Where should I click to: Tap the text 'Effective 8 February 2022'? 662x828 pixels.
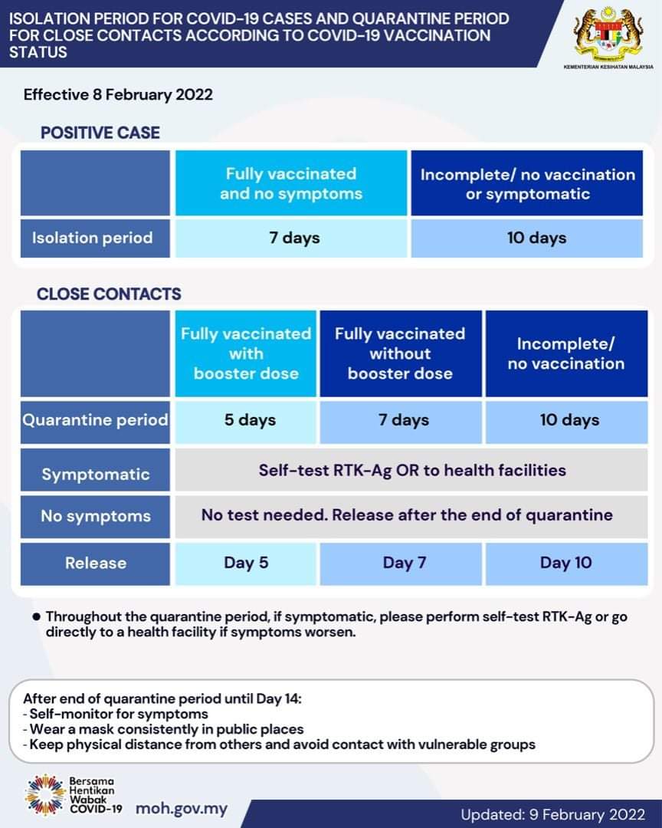pyautogui.click(x=118, y=95)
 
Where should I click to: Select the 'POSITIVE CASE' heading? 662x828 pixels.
pyautogui.click(x=100, y=133)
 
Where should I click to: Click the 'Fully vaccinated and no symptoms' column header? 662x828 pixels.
pyautogui.click(x=291, y=182)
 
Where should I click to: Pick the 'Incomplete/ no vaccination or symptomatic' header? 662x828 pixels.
pyautogui.click(x=527, y=182)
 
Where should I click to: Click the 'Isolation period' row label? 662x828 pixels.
pyautogui.click(x=95, y=238)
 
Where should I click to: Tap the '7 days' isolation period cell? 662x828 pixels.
pyautogui.click(x=291, y=238)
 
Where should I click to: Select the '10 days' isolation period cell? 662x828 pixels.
pyautogui.click(x=527, y=238)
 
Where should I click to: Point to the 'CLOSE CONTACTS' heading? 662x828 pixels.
pyautogui.click(x=109, y=294)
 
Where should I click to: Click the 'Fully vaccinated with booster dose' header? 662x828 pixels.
pyautogui.click(x=246, y=353)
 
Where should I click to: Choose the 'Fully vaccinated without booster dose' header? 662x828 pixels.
pyautogui.click(x=401, y=353)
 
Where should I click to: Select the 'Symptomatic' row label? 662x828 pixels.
pyautogui.click(x=95, y=470)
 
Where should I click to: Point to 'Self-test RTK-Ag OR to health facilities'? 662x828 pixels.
pyautogui.click(x=411, y=470)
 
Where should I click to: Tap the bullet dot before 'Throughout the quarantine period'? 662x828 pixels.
pyautogui.click(x=36, y=616)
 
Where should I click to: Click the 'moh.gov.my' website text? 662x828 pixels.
pyautogui.click(x=182, y=810)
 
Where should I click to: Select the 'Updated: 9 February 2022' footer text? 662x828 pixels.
pyautogui.click(x=552, y=815)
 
